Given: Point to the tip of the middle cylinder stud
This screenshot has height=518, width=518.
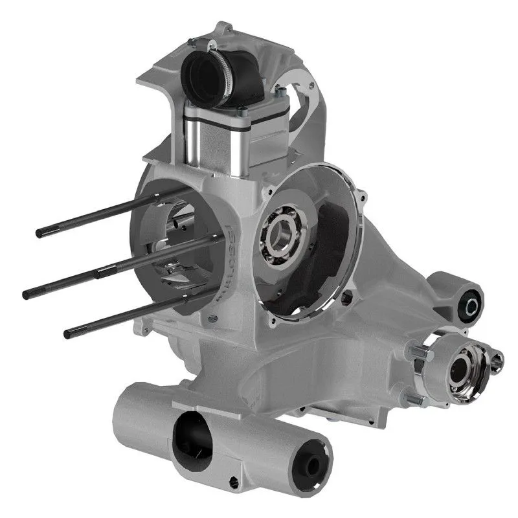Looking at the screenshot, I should (27, 294).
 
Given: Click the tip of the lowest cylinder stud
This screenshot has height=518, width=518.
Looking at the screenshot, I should (67, 333).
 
